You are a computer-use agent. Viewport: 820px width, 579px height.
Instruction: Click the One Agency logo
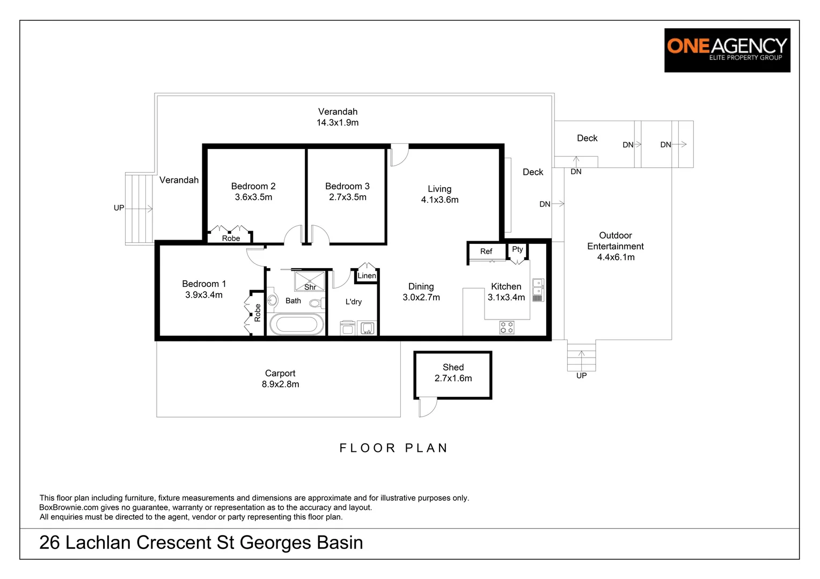727,50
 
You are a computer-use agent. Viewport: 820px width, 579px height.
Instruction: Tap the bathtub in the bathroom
297,324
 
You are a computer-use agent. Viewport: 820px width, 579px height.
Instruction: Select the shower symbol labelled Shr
310,281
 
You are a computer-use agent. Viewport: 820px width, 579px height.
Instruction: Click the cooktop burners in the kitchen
507,328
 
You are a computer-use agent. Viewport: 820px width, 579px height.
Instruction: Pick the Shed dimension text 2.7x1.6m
453,378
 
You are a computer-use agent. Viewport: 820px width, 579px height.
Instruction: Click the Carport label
280,373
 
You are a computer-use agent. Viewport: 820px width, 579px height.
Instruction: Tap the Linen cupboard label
367,276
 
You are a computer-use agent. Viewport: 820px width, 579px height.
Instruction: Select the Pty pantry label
517,249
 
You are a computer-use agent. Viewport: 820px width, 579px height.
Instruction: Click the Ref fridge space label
486,251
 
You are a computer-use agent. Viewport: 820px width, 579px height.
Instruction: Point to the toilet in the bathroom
317,303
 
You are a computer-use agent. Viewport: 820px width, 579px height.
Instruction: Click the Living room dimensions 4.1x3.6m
440,200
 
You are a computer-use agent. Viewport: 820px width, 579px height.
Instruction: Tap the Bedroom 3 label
347,186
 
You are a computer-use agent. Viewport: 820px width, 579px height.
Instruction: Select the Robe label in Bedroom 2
231,239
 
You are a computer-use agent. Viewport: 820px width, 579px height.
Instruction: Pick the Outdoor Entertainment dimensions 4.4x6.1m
616,257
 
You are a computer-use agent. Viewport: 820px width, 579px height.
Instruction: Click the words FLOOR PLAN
393,448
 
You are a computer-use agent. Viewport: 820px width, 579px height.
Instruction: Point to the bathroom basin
272,300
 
